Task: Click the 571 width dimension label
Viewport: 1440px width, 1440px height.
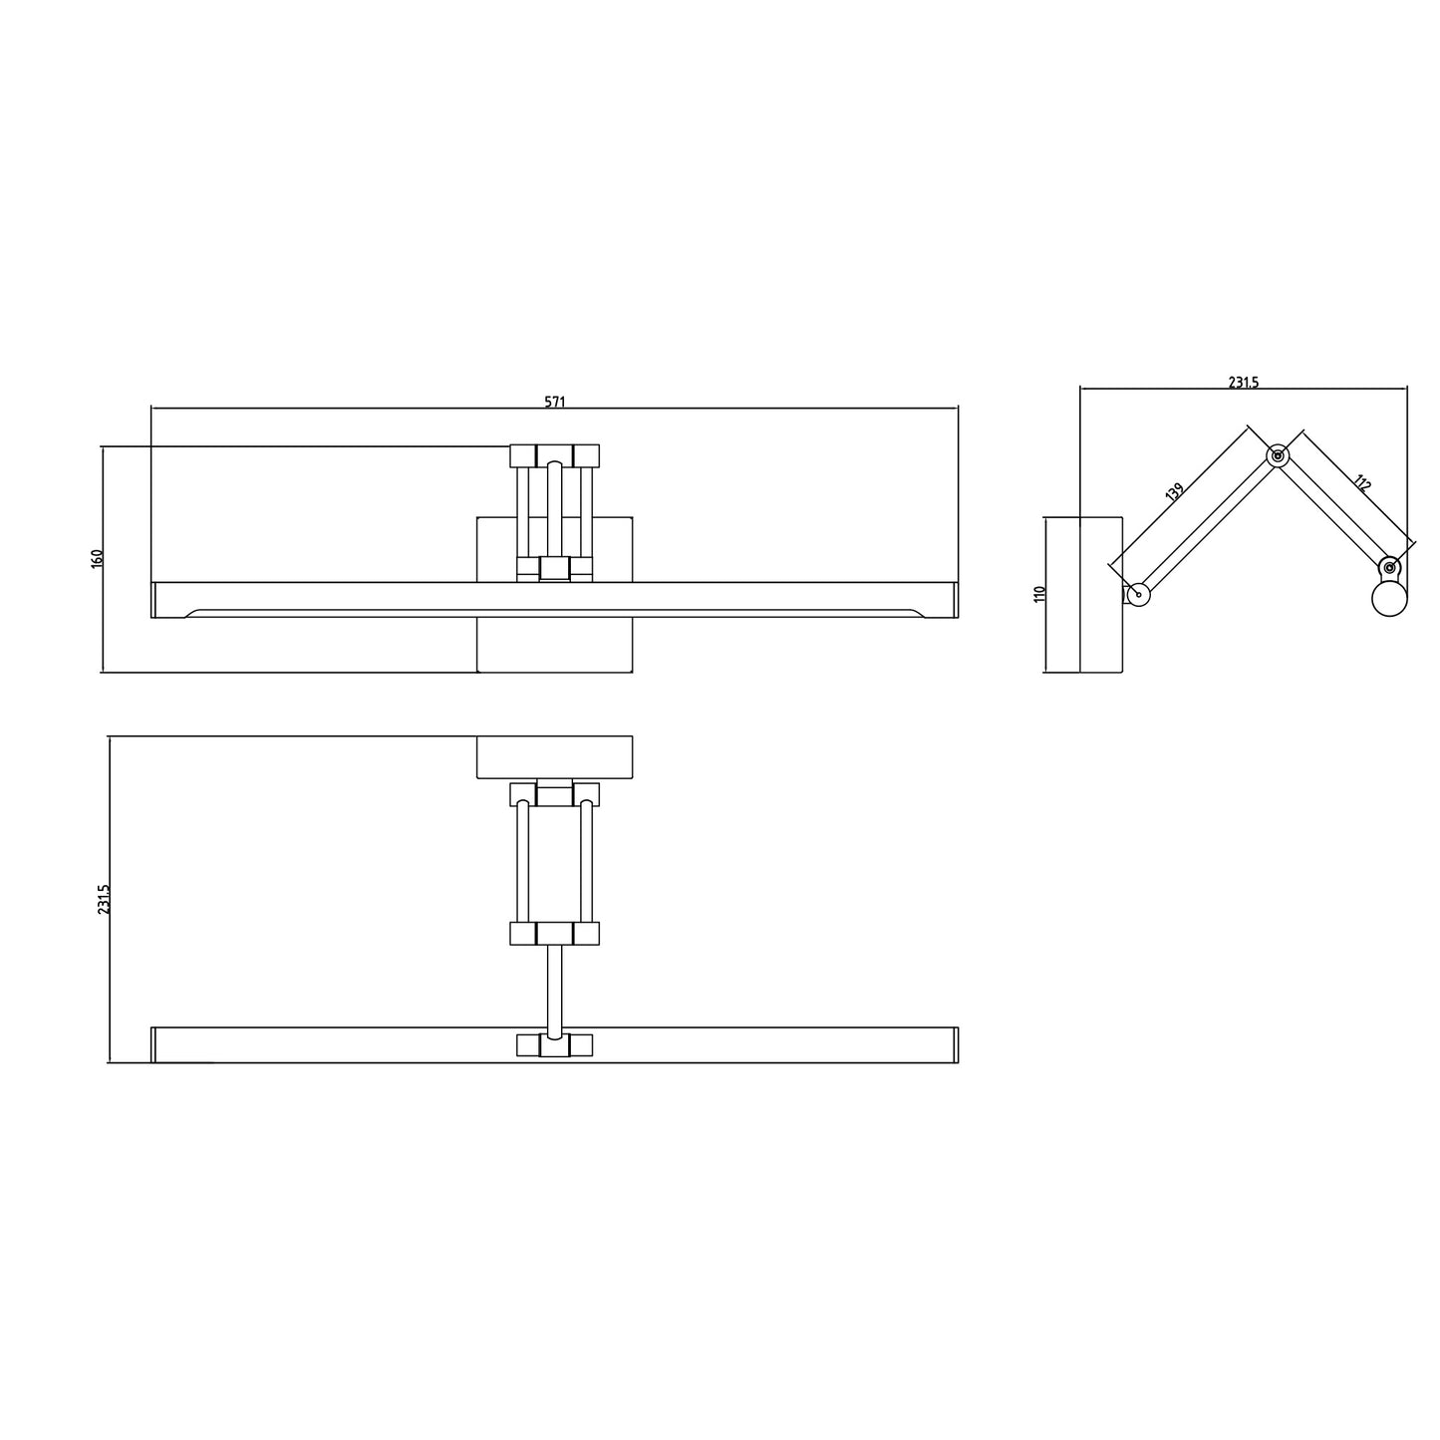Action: point(554,402)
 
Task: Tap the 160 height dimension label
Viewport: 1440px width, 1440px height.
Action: point(97,558)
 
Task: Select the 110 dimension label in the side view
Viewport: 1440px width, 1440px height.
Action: point(1038,594)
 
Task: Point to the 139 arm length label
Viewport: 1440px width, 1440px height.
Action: point(1174,491)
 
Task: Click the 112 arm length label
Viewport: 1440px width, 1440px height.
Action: point(1361,482)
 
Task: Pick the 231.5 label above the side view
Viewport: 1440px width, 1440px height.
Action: point(1244,382)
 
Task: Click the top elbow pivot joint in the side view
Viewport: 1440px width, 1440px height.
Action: point(1278,455)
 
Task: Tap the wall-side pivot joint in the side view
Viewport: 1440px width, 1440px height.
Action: point(1138,595)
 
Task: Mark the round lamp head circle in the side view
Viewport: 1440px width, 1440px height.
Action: point(1389,599)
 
